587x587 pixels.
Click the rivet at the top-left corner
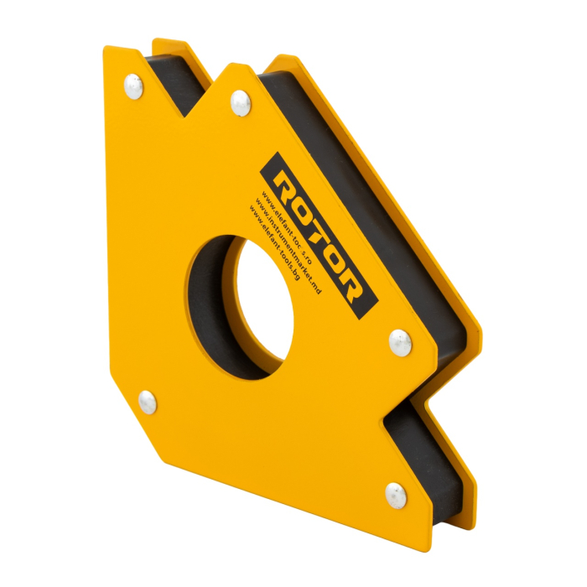[132, 84]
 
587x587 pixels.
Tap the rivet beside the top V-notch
[241, 102]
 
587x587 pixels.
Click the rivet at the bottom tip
[396, 495]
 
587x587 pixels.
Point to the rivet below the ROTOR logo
[400, 341]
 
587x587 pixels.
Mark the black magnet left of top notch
[172, 71]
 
